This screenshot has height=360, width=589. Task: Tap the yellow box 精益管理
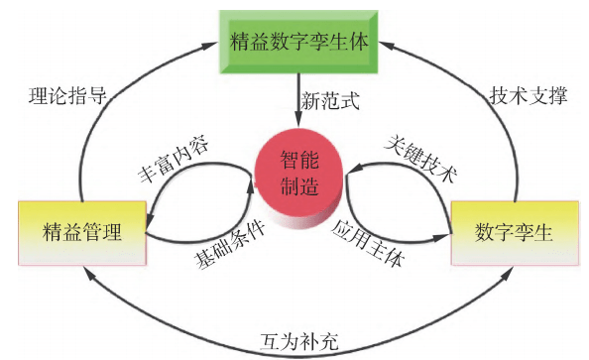click(x=81, y=232)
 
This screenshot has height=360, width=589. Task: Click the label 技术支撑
click(x=529, y=97)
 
